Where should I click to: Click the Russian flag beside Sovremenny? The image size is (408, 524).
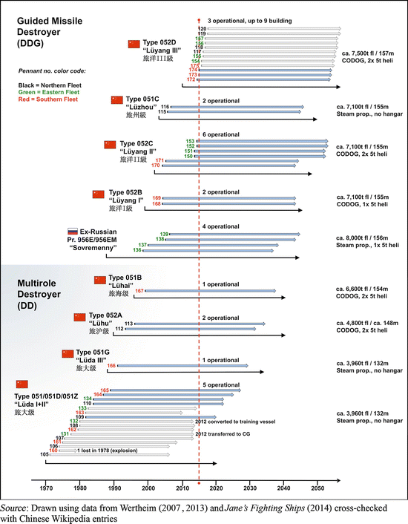point(73,232)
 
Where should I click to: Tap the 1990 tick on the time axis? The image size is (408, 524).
point(114,481)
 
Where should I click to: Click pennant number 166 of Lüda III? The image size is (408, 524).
point(111,365)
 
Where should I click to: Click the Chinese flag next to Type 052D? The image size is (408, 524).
point(134,44)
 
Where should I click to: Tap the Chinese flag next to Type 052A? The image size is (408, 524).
point(79,317)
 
